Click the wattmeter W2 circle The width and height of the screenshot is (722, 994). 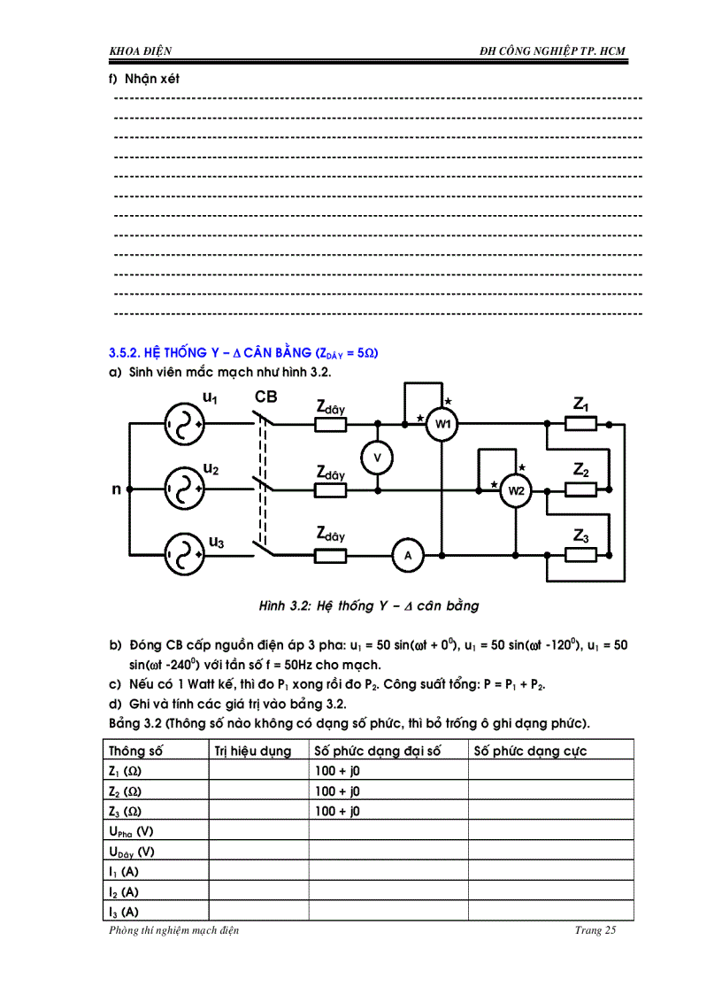pos(515,489)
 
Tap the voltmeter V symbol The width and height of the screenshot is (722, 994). pos(378,456)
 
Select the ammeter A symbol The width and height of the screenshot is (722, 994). pos(409,555)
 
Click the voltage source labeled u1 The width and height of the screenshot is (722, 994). pos(184,424)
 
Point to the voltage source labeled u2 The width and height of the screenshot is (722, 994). pos(184,489)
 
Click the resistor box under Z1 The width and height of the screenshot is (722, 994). pos(580,424)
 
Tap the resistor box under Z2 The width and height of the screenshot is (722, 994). pos(580,489)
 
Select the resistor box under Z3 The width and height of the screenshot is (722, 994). pos(580,555)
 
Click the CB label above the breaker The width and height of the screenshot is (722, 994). pos(266,397)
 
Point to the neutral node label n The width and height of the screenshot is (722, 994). pos(116,489)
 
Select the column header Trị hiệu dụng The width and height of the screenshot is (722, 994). pos(254,751)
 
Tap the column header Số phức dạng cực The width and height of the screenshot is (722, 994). pos(530,751)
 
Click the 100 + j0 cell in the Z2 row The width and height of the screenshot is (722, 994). pos(338,790)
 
